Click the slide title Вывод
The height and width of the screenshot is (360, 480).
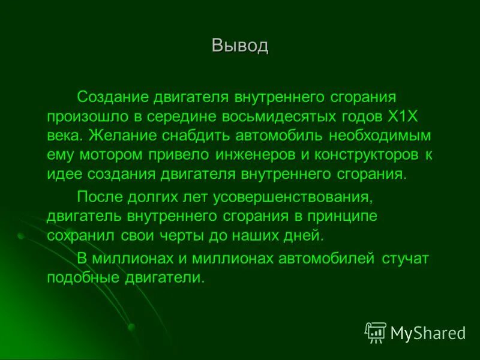(239, 46)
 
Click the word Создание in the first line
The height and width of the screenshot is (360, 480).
(113, 97)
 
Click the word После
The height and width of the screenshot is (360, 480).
(99, 196)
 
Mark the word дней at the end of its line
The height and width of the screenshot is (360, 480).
(305, 235)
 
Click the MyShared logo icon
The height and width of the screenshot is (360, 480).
(376, 332)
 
